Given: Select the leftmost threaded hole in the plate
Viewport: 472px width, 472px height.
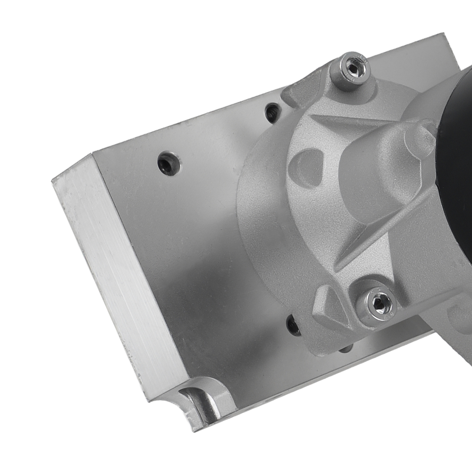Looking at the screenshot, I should pos(168,164).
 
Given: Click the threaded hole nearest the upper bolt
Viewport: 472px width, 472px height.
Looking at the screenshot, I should pos(273,112).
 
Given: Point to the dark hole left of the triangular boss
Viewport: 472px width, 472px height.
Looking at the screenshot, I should pos(293,325).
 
